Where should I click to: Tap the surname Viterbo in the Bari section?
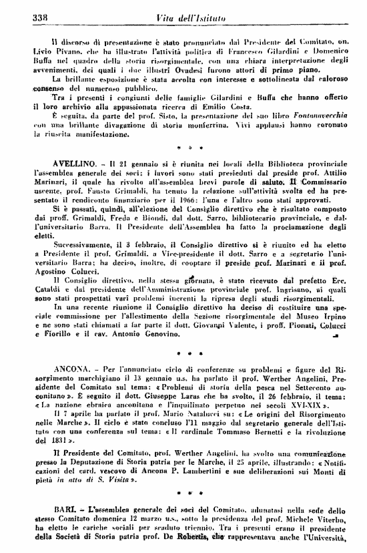330,518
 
